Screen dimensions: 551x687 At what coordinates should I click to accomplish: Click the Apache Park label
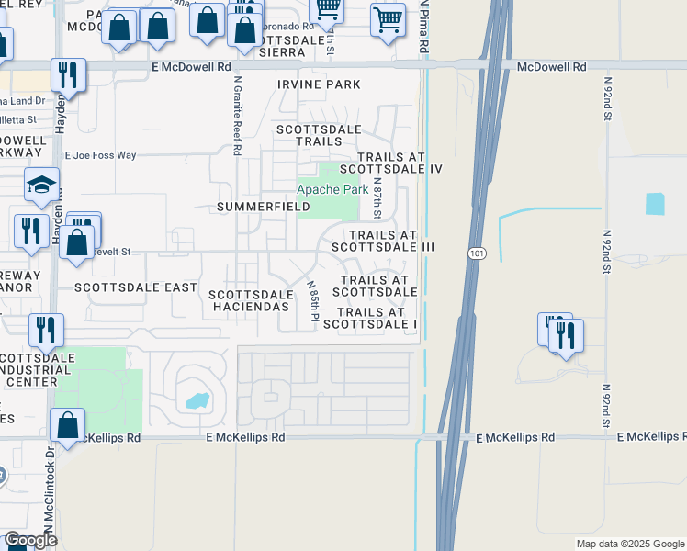point(332,190)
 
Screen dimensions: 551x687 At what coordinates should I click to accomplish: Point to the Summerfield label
point(263,208)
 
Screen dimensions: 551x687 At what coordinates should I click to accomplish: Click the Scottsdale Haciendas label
point(251,300)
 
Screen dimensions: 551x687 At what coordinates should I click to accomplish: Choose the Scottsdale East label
point(136,287)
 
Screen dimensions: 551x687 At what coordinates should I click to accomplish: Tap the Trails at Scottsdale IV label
point(392,163)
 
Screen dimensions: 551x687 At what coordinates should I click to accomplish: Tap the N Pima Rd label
point(424,28)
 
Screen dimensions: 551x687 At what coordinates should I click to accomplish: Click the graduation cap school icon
point(42,186)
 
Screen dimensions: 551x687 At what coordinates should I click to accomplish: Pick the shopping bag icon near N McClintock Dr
point(67,424)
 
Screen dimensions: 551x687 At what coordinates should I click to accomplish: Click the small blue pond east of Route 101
point(655,204)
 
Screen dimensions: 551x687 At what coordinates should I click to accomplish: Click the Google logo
point(30,540)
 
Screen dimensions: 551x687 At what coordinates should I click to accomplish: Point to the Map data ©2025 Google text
point(629,544)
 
